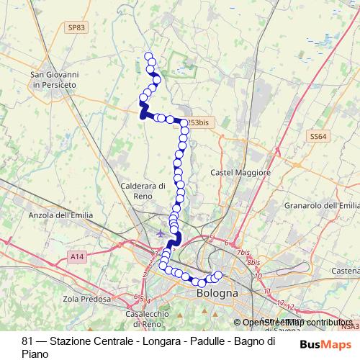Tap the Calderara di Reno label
[144, 191]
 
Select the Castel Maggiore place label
[240, 174]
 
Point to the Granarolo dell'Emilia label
[320, 206]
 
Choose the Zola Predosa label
[87, 299]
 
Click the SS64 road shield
[318, 135]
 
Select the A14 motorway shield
[77, 255]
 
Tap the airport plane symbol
[160, 233]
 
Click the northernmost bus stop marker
[149, 57]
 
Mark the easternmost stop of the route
[217, 275]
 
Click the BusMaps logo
[331, 345]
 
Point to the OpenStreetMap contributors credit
[297, 323]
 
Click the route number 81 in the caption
[27, 341]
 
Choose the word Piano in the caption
[35, 354]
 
